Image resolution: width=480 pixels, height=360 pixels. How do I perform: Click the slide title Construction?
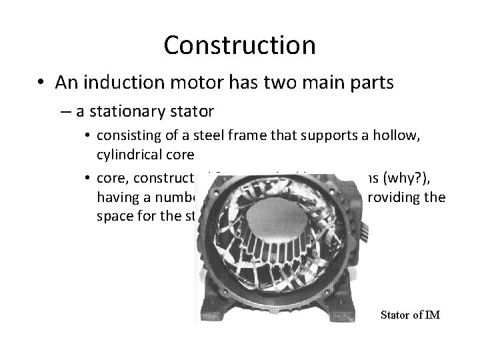coord(239,45)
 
